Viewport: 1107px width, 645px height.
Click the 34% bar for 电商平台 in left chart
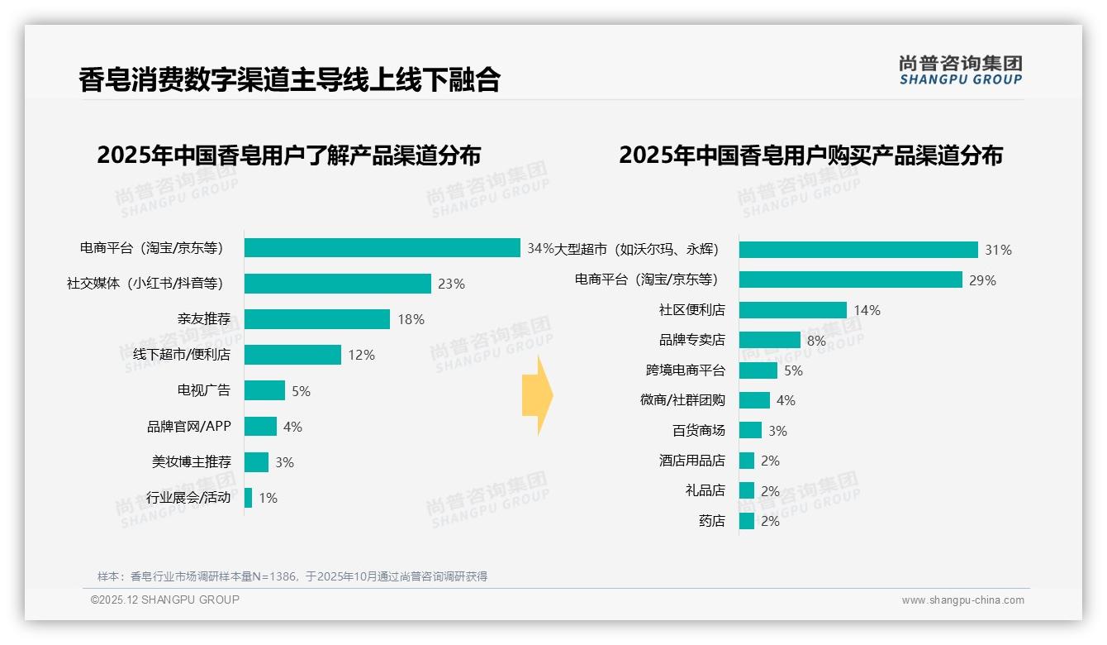tap(382, 248)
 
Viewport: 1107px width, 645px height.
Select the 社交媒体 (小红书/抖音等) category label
tap(145, 284)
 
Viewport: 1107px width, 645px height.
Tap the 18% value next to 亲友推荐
tap(411, 319)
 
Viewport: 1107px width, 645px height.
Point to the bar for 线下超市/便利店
tap(292, 355)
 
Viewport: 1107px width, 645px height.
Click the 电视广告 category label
tap(204, 390)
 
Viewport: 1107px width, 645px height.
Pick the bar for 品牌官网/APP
tap(260, 426)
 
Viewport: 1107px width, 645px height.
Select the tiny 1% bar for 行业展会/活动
tap(248, 498)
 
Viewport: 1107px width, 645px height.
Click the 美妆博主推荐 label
tap(192, 461)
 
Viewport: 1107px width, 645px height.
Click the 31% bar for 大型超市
tap(858, 250)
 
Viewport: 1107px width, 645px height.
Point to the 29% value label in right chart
tap(982, 280)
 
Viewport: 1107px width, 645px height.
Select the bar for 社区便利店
tap(792, 310)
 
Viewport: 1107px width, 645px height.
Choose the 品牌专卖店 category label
tap(691, 340)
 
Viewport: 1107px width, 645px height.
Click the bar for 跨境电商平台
tap(758, 370)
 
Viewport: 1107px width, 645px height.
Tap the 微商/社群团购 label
tap(682, 400)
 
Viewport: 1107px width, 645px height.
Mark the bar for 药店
tap(746, 521)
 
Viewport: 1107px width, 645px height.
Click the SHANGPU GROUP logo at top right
tap(960, 70)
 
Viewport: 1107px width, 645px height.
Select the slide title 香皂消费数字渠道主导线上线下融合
tap(289, 79)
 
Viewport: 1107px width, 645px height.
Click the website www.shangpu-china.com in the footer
tap(962, 600)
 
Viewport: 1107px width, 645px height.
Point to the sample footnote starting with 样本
tap(292, 576)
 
